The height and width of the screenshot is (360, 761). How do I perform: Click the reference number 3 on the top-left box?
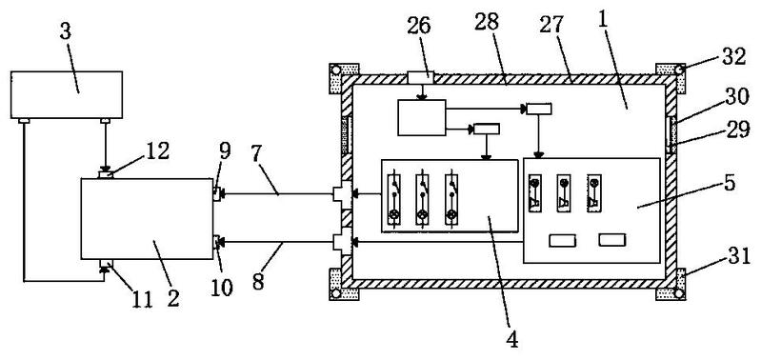[x=66, y=32]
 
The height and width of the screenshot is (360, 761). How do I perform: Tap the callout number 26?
[x=419, y=26]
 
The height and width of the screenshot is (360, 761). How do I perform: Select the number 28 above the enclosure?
[x=487, y=22]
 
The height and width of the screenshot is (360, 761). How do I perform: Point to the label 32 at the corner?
[x=732, y=57]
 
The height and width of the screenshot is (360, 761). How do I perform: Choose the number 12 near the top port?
[x=156, y=151]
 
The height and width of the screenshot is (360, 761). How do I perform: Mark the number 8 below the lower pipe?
[x=257, y=281]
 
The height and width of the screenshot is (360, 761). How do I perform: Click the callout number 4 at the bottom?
[x=512, y=339]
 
